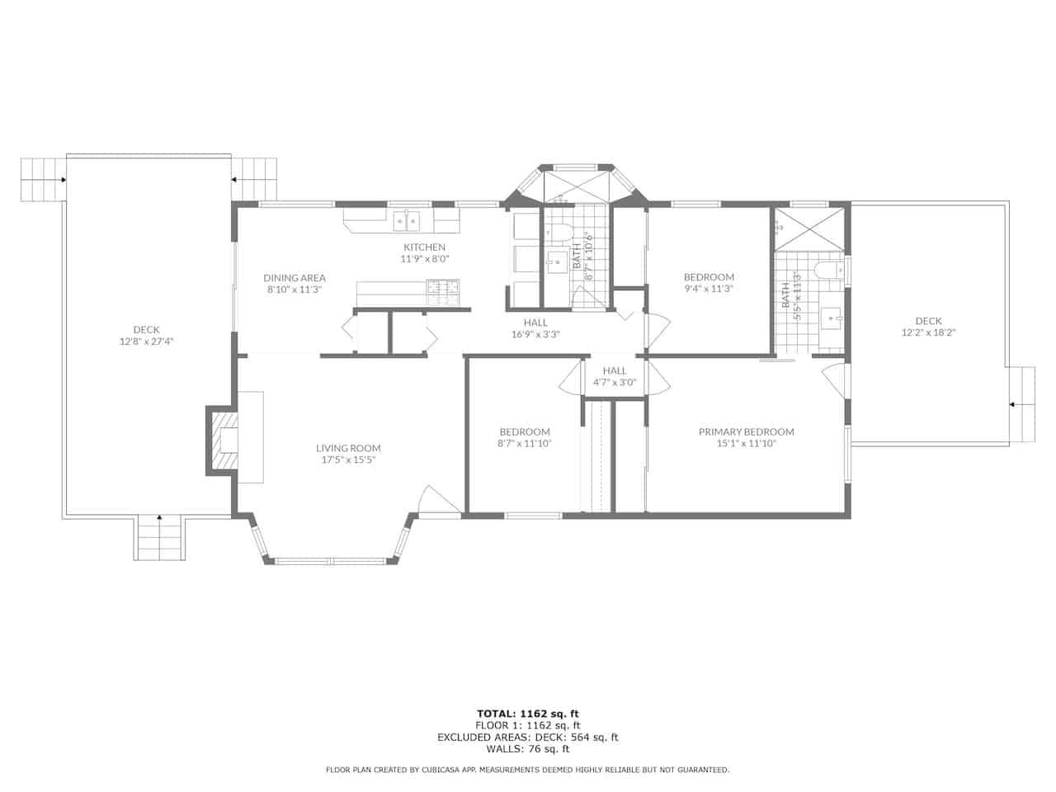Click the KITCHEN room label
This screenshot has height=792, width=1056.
coord(424,247)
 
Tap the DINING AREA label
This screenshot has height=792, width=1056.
coord(295,278)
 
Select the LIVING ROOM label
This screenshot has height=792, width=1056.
coord(348,448)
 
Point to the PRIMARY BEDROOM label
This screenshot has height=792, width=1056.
coord(746,431)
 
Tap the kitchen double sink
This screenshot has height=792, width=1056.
coord(407,221)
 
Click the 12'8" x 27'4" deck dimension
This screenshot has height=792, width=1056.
coord(146,342)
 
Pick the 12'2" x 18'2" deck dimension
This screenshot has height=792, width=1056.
coord(928,332)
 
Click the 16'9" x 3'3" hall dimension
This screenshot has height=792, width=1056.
coord(535,334)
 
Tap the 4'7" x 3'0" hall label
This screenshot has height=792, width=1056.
coord(615,383)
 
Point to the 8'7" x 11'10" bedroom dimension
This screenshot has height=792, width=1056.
coord(525,443)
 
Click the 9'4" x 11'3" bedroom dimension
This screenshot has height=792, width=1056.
coord(709,289)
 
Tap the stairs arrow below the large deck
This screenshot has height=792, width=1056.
coord(159,517)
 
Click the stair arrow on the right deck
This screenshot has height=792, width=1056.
coord(1011,405)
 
